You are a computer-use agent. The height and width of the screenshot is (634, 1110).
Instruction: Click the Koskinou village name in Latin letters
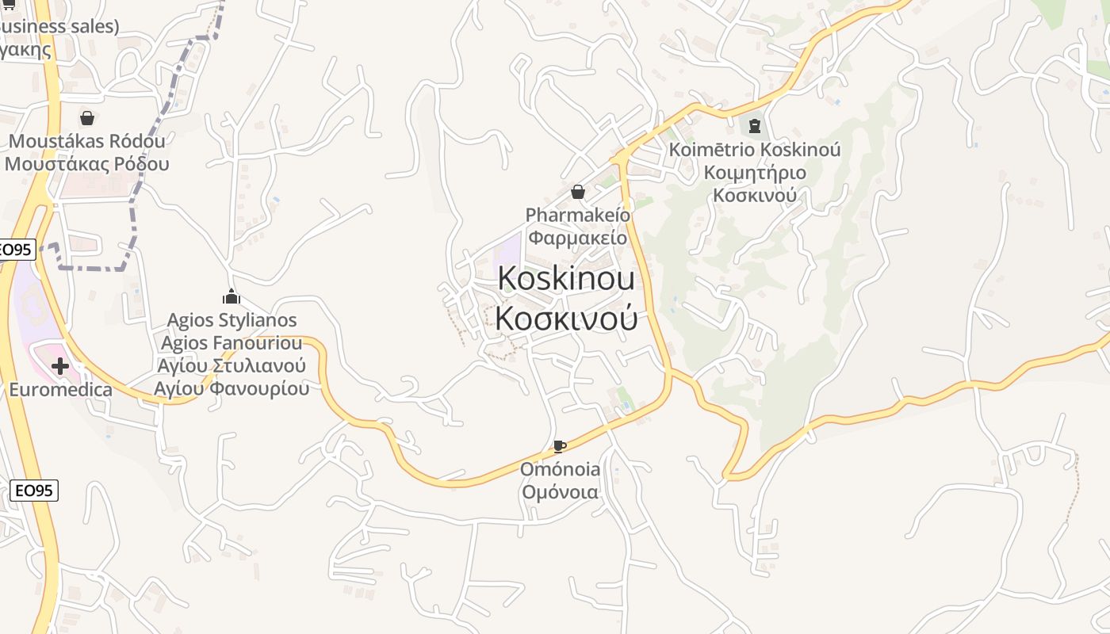[566, 279]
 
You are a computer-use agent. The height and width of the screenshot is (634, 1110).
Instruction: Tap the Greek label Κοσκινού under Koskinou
[566, 318]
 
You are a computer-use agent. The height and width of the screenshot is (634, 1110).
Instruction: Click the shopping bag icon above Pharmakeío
[578, 192]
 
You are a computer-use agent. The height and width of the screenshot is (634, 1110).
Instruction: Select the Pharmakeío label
[578, 215]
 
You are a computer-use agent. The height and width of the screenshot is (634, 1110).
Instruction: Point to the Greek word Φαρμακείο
[578, 237]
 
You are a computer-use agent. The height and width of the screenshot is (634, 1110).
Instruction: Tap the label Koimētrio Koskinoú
[755, 150]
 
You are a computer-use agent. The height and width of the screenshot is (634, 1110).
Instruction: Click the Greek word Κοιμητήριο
[755, 173]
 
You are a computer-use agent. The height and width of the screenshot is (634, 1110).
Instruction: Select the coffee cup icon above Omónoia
[559, 446]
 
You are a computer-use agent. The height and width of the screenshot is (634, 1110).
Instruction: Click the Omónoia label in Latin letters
[560, 469]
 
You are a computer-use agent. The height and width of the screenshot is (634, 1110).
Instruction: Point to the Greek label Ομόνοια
[560, 492]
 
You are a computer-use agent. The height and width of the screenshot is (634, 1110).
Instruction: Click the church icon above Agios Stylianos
[232, 297]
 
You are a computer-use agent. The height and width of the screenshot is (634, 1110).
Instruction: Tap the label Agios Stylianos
[232, 320]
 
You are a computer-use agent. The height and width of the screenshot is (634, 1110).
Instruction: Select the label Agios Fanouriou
[232, 343]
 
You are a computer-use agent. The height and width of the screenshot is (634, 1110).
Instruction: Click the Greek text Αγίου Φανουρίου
[232, 388]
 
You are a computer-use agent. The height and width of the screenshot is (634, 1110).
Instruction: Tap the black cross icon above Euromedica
[59, 366]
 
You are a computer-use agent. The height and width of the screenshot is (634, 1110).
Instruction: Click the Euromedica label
[60, 390]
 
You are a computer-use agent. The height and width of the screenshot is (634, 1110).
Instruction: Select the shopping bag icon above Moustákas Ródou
[87, 118]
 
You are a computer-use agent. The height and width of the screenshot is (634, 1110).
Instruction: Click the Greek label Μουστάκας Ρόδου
[87, 164]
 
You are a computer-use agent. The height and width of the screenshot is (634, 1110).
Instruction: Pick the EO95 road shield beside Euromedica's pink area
[16, 250]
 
